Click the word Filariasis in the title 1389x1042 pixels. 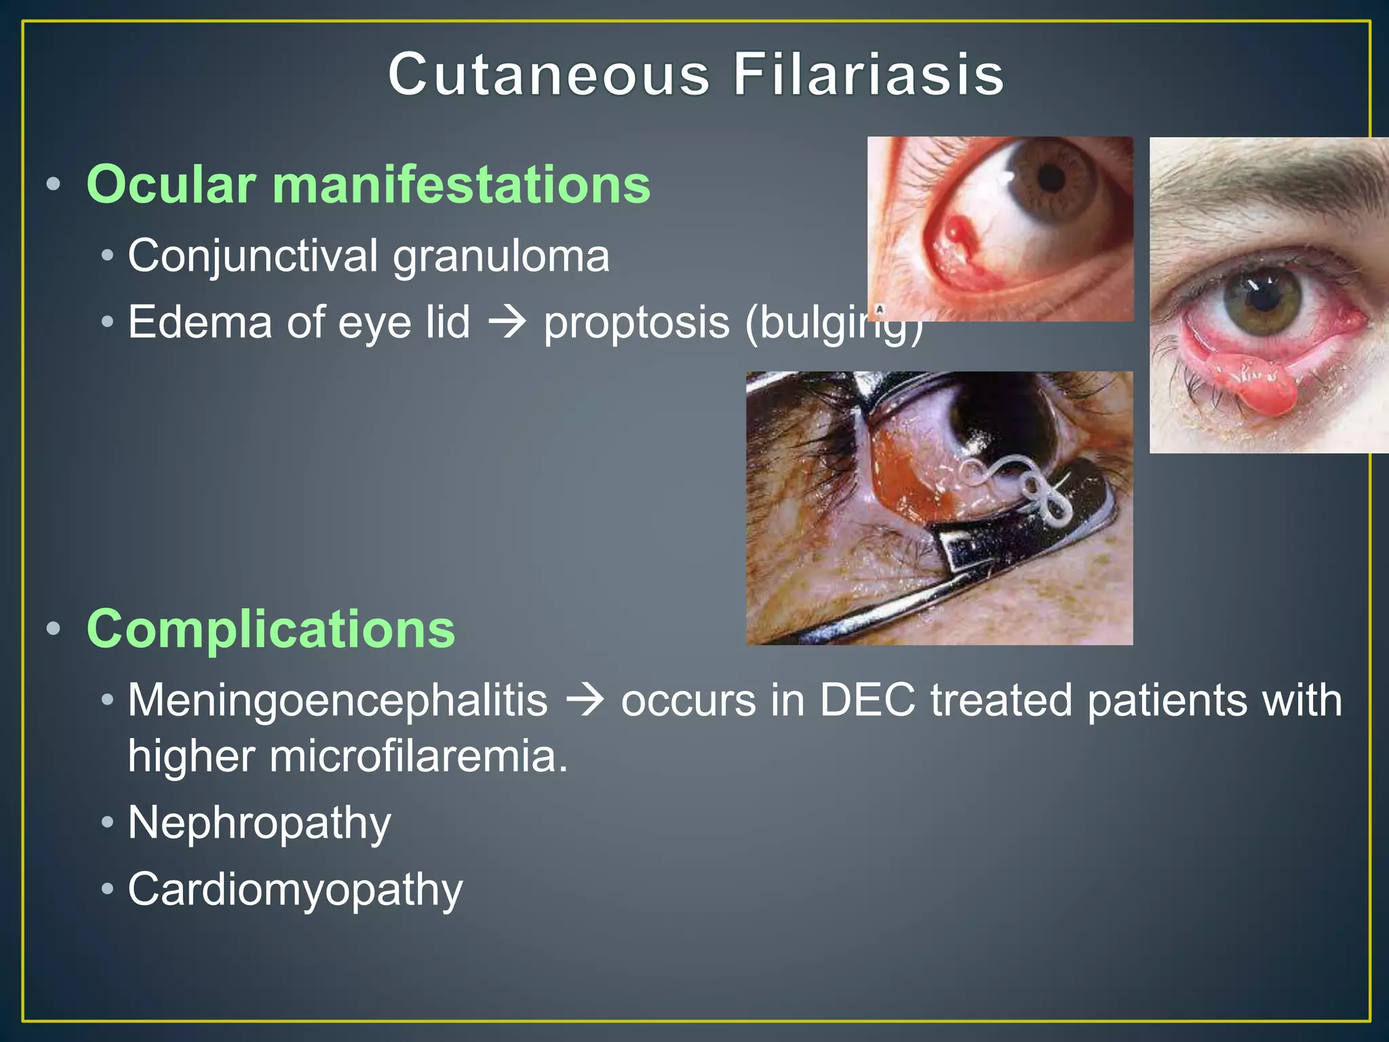(x=868, y=75)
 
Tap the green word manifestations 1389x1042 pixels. (x=461, y=185)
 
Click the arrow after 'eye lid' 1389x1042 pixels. (x=507, y=322)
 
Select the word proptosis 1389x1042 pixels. (x=636, y=323)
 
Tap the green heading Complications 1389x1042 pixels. (x=271, y=629)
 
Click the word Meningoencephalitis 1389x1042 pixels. (x=337, y=700)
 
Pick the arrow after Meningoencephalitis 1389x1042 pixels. (x=584, y=700)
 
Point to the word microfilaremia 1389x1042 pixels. (x=418, y=756)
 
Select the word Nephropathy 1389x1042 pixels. (x=259, y=824)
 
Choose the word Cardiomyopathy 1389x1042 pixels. (x=295, y=889)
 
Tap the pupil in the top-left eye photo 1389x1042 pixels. (x=1051, y=178)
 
